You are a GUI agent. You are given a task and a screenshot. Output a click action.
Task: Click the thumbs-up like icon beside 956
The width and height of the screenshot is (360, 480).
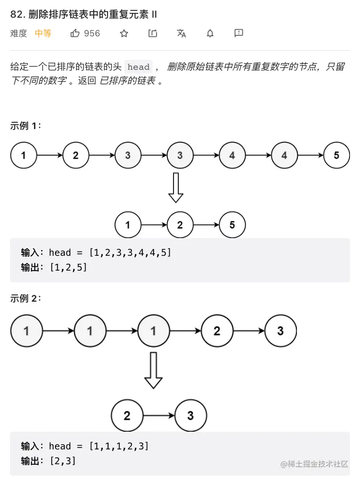click(x=75, y=33)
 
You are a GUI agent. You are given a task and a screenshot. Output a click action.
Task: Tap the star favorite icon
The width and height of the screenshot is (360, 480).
click(x=124, y=33)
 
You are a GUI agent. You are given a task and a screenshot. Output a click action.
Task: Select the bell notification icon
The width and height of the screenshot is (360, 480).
click(x=210, y=33)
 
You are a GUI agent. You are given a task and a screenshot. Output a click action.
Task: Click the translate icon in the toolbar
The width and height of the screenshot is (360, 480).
click(x=181, y=33)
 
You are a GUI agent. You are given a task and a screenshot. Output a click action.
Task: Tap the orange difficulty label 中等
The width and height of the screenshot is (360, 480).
click(x=43, y=33)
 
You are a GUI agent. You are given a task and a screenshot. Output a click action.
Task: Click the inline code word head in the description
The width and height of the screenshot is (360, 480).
click(x=139, y=67)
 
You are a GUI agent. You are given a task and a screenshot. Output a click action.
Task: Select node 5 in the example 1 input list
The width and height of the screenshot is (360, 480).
click(x=337, y=155)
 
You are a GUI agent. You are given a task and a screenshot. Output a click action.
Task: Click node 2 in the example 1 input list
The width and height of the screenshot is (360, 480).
click(x=76, y=155)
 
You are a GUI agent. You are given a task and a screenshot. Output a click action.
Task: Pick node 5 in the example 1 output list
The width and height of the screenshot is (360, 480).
click(x=232, y=225)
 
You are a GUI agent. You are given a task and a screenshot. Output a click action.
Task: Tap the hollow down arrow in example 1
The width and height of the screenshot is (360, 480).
click(x=176, y=187)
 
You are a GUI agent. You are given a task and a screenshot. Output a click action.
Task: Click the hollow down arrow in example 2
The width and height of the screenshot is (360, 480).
click(x=153, y=370)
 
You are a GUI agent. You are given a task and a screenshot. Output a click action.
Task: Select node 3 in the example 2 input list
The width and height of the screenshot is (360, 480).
click(x=281, y=330)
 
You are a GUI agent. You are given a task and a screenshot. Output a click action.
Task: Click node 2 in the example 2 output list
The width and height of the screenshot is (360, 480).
click(x=127, y=415)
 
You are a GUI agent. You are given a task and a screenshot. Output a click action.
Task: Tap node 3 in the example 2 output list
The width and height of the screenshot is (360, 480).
click(x=191, y=415)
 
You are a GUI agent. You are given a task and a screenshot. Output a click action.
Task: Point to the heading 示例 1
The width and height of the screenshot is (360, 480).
click(x=26, y=126)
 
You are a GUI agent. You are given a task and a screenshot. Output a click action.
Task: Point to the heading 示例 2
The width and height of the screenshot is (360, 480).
click(x=26, y=298)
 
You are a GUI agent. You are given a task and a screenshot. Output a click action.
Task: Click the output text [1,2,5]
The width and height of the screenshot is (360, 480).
click(x=68, y=267)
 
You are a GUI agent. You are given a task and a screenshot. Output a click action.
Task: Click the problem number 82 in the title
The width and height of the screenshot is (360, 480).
click(x=16, y=14)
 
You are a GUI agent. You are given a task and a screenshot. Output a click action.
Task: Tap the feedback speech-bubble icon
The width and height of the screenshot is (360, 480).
click(x=239, y=33)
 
